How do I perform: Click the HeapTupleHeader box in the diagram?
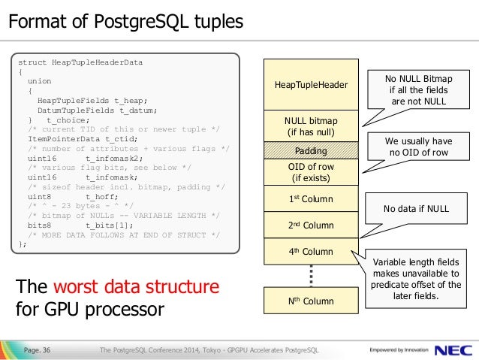(x=311, y=84)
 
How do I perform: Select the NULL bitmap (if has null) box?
(x=311, y=126)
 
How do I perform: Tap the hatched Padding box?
(x=311, y=150)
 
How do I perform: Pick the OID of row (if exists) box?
(x=311, y=172)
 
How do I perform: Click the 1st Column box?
(x=311, y=198)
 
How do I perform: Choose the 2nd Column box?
(x=311, y=225)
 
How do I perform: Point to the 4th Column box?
(x=311, y=251)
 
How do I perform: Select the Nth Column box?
(x=311, y=301)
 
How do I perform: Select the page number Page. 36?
(x=37, y=349)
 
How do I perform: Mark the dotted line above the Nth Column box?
(x=311, y=276)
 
